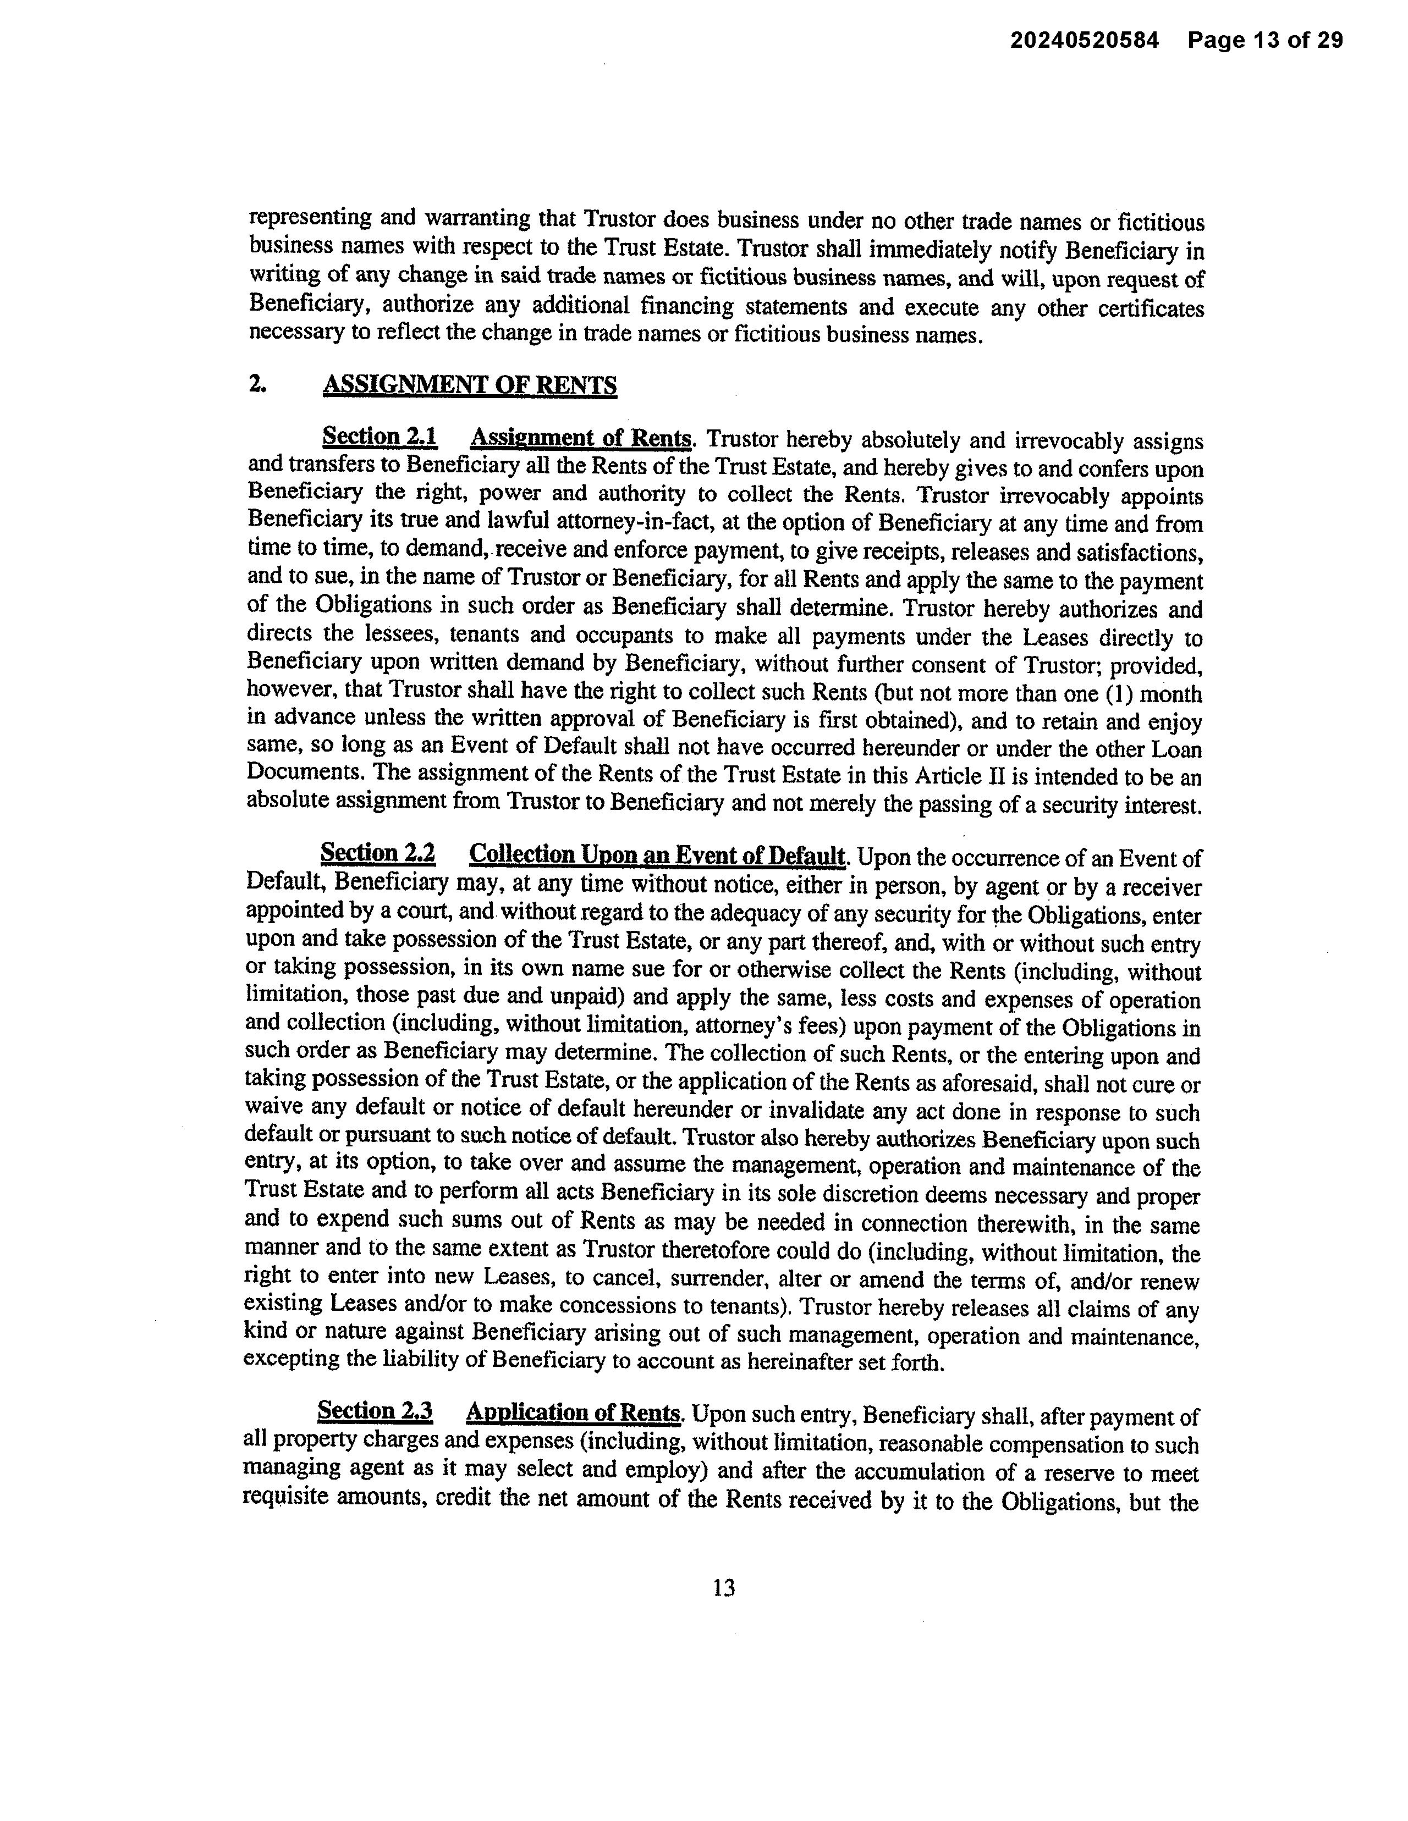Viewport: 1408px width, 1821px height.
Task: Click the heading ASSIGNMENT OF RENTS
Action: (470, 385)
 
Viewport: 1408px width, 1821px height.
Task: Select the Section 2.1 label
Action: (380, 437)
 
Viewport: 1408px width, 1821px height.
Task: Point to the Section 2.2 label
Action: (378, 854)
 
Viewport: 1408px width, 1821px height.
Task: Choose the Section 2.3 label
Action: (375, 1411)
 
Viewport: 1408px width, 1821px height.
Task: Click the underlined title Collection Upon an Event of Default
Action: (657, 856)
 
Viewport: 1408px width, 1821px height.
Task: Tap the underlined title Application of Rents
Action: (574, 1412)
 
